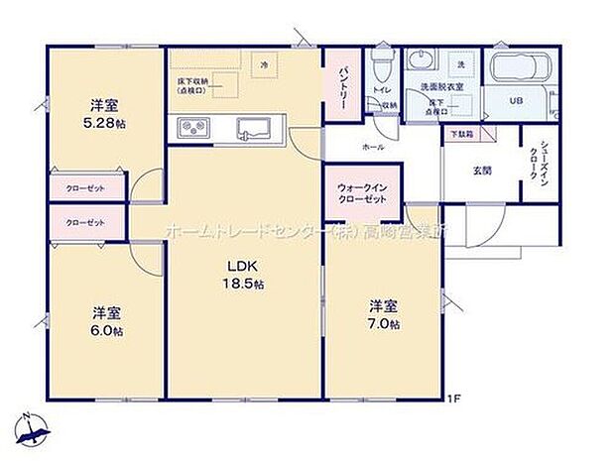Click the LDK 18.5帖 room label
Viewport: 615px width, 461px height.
pyautogui.click(x=243, y=275)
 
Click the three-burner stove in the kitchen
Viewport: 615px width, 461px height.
pyautogui.click(x=193, y=126)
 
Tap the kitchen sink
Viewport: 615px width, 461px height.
pyautogui.click(x=254, y=126)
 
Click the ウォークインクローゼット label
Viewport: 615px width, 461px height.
pyautogui.click(x=361, y=191)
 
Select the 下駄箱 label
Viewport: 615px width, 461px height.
pyautogui.click(x=460, y=132)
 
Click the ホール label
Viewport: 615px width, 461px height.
pyautogui.click(x=373, y=146)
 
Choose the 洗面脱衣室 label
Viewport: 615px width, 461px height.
pyautogui.click(x=442, y=87)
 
